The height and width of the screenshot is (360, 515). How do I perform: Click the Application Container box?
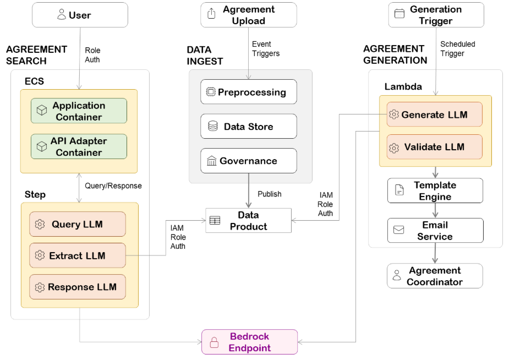[79, 111]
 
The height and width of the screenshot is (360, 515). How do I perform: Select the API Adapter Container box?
[79, 146]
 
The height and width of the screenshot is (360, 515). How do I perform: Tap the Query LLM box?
[78, 224]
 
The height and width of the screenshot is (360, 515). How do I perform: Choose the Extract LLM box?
[78, 255]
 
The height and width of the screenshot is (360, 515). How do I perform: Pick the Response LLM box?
[78, 287]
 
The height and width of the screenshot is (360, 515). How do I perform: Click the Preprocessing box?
[249, 92]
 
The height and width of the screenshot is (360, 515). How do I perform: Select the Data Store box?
[249, 127]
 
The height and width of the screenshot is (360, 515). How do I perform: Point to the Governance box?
[249, 161]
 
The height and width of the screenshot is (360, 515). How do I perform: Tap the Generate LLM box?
[435, 114]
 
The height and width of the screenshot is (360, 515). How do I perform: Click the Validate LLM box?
[435, 147]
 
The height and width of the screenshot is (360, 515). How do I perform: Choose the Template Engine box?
[435, 191]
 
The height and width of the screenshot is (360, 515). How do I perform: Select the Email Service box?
[435, 231]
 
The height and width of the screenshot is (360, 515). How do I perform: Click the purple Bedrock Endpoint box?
[249, 342]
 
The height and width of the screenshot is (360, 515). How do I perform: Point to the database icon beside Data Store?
[212, 127]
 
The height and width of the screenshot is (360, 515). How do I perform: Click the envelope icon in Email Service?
[399, 230]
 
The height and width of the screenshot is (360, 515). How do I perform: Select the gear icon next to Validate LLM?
[394, 148]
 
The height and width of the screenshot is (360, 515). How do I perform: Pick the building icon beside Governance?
[211, 161]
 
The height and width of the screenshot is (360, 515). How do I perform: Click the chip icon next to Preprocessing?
[211, 92]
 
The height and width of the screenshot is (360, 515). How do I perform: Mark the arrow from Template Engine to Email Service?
[435, 210]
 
